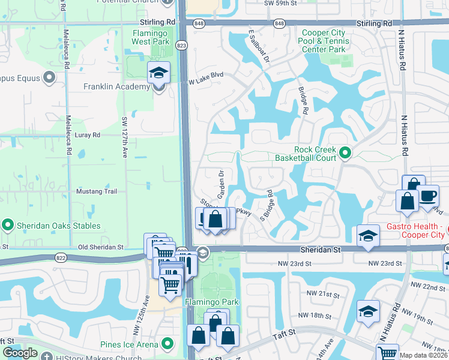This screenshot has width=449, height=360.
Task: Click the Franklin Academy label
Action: [116, 87]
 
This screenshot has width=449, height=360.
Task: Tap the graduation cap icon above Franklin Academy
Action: [158, 73]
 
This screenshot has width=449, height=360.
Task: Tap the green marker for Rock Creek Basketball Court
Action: [345, 153]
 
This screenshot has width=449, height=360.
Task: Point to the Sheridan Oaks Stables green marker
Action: [8, 225]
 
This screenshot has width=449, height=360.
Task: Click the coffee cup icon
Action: [428, 196]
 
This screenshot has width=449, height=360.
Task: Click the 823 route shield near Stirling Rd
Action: [181, 45]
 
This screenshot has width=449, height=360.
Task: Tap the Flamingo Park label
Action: [212, 302]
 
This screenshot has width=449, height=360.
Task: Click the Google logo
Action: [20, 353]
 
